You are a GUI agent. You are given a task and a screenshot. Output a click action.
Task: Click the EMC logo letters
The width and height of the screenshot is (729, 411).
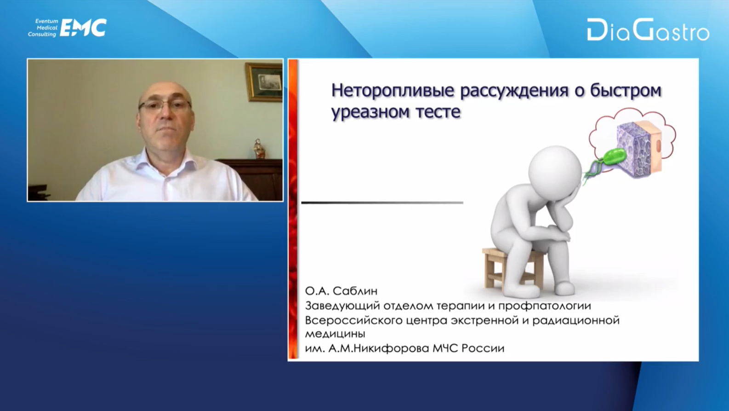click(83, 28)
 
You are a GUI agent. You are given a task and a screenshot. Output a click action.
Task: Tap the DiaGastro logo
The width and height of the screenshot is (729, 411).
click(648, 29)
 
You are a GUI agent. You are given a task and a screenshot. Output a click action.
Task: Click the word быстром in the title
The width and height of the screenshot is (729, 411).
click(626, 90)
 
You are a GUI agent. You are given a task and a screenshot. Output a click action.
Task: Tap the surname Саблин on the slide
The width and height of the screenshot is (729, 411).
click(355, 291)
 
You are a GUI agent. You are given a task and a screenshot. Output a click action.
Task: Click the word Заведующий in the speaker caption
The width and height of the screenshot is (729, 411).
click(342, 306)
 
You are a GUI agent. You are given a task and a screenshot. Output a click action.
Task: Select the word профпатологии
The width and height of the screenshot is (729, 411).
click(545, 306)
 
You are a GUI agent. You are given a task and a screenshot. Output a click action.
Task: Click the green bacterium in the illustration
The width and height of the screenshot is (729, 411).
click(613, 158)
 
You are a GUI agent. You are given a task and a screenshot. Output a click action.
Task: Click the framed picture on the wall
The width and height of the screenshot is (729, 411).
click(264, 82)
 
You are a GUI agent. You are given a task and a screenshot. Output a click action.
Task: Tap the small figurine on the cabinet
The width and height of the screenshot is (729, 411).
click(259, 149)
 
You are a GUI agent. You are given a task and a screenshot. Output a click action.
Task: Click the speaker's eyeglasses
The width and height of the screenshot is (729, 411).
click(165, 105)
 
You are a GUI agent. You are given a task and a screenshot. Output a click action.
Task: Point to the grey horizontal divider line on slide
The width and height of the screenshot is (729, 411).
click(382, 203)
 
